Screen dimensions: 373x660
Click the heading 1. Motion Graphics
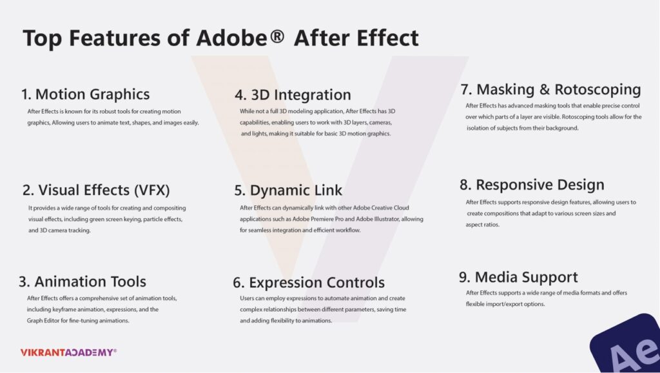(x=86, y=94)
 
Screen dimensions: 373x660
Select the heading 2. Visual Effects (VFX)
(x=96, y=190)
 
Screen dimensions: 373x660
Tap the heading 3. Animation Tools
(x=82, y=281)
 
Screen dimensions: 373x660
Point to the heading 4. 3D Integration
(x=293, y=96)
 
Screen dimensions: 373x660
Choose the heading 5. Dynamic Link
(x=288, y=190)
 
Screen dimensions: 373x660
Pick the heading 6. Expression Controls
(x=309, y=283)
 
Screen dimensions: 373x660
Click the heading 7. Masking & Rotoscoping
(x=550, y=89)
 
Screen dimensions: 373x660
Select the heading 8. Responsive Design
(x=532, y=185)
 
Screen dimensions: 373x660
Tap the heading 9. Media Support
(x=518, y=277)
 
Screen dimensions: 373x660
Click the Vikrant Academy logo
(x=68, y=352)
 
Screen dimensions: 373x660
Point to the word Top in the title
(x=42, y=38)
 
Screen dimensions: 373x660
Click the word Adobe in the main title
(x=233, y=38)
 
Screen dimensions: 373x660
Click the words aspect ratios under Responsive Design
(x=487, y=225)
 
